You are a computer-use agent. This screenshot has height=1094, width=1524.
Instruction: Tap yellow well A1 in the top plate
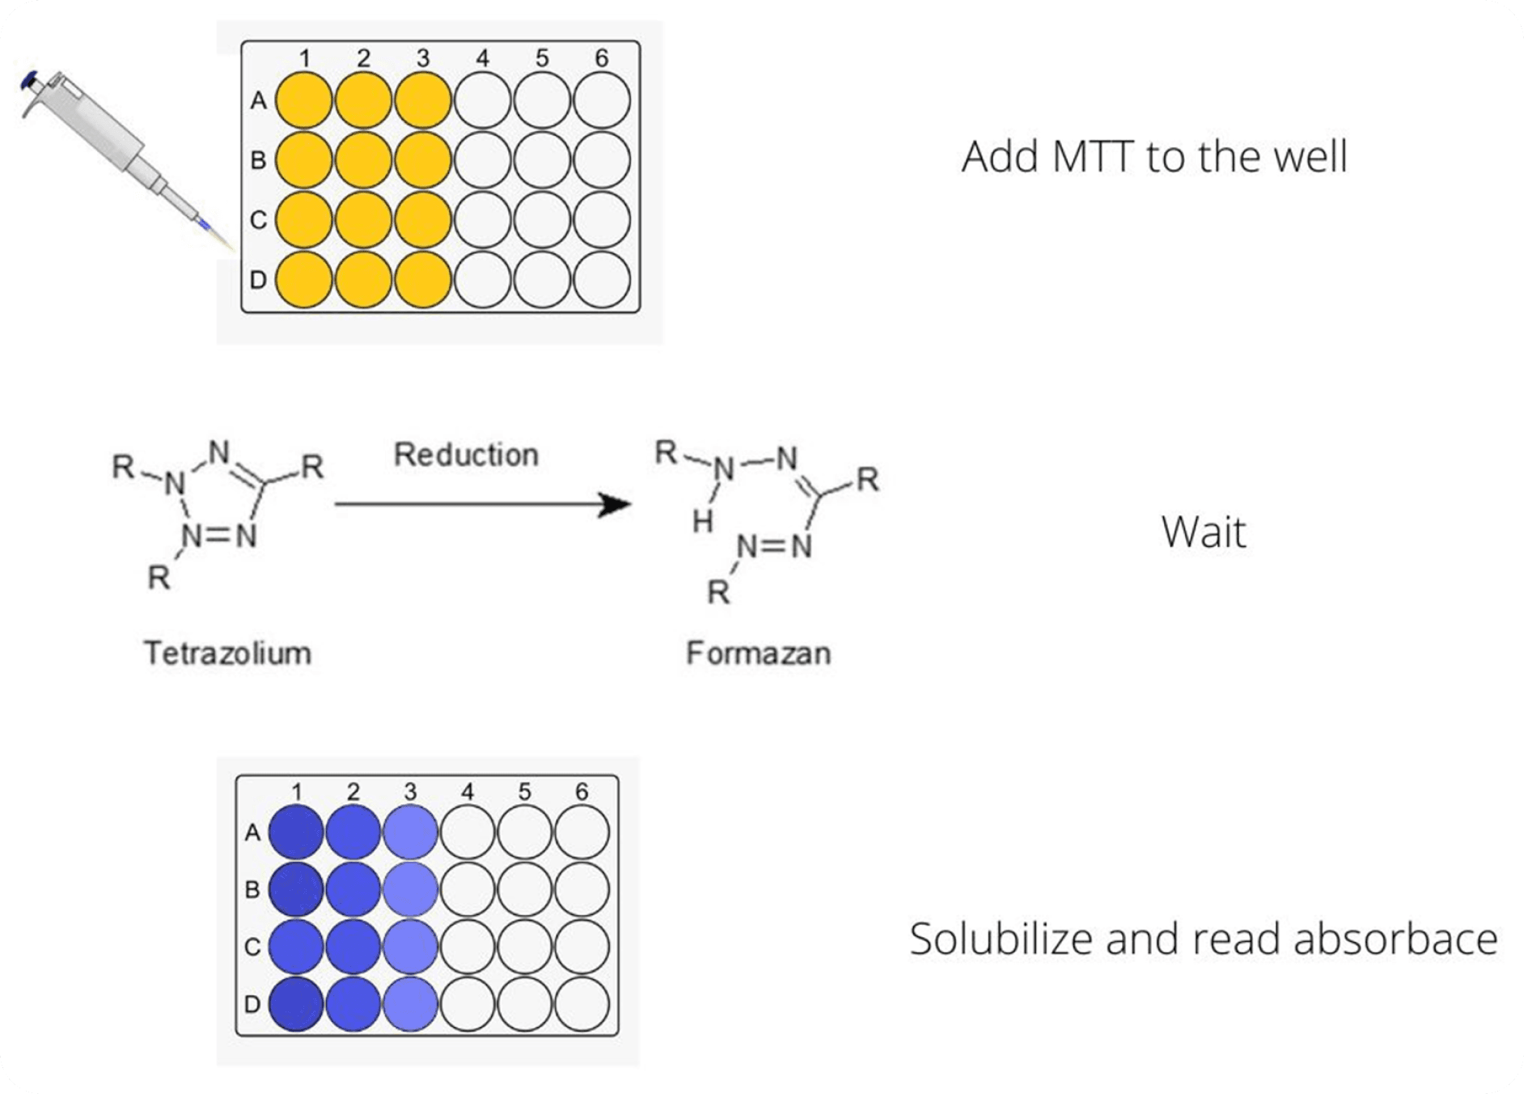click(304, 101)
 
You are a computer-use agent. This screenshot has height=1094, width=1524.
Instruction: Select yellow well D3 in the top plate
click(423, 280)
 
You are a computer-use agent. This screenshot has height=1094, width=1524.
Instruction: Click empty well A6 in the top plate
click(602, 101)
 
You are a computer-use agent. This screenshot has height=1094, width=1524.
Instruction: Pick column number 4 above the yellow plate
click(483, 58)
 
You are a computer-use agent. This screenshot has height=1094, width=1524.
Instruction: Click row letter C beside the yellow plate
click(258, 219)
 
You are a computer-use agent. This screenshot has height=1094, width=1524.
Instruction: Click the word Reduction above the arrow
click(466, 455)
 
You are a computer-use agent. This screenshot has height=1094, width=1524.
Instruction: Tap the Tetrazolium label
click(227, 653)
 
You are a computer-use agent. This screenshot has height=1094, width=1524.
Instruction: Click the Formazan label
click(758, 653)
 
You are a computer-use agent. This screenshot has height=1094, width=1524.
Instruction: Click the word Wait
click(1204, 532)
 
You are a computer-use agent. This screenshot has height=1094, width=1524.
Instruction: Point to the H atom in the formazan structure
click(702, 522)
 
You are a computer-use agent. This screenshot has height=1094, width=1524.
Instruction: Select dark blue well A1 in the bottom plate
click(296, 832)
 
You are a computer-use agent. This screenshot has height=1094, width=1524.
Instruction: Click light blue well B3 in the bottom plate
click(410, 889)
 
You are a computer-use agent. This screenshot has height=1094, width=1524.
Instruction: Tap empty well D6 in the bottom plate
click(582, 1004)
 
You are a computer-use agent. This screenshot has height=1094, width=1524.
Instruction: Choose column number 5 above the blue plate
click(525, 791)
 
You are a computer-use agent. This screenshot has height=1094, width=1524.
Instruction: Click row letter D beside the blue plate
click(252, 1004)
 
